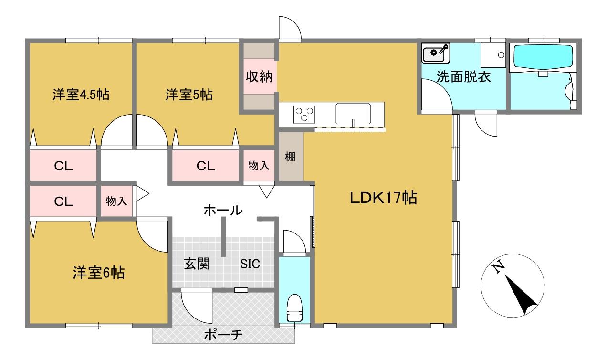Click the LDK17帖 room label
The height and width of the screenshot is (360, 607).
click(383, 198)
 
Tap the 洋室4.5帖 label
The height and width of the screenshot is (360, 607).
click(81, 95)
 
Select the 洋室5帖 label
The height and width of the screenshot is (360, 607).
click(189, 95)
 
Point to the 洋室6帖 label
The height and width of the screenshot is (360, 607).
click(99, 273)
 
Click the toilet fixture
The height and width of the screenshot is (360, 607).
click(294, 307)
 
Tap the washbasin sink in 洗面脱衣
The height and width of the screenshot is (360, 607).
click(436, 53)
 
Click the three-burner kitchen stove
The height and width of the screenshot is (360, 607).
click(304, 114)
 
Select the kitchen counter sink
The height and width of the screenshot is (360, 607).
click(353, 114)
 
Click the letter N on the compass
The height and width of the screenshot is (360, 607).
click(498, 267)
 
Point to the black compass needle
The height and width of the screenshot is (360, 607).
click(521, 295)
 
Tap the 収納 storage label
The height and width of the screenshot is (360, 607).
click(259, 76)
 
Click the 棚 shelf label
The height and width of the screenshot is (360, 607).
click(290, 157)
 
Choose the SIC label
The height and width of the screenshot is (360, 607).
click(250, 264)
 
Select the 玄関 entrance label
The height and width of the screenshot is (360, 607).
click(197, 264)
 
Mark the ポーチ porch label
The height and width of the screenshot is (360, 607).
click(223, 335)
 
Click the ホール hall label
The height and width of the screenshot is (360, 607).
click(223, 210)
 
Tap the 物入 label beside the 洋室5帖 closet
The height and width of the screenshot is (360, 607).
click(259, 165)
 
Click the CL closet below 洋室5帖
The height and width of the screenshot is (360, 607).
click(206, 166)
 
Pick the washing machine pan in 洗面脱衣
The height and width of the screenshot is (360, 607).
click(493, 55)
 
